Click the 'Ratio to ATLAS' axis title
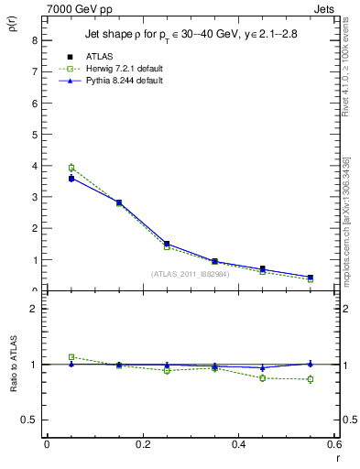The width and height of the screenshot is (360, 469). coord(13,365)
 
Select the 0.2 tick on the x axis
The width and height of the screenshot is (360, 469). coord(142,443)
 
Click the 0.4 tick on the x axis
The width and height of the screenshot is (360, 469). coord(238,443)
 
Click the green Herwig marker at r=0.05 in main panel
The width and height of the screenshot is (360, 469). coord(71,168)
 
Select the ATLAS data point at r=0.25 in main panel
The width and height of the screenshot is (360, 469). coord(167,244)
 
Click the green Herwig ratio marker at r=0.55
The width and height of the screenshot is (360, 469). coord(311,379)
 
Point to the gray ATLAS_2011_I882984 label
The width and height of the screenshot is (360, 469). coord(190,273)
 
